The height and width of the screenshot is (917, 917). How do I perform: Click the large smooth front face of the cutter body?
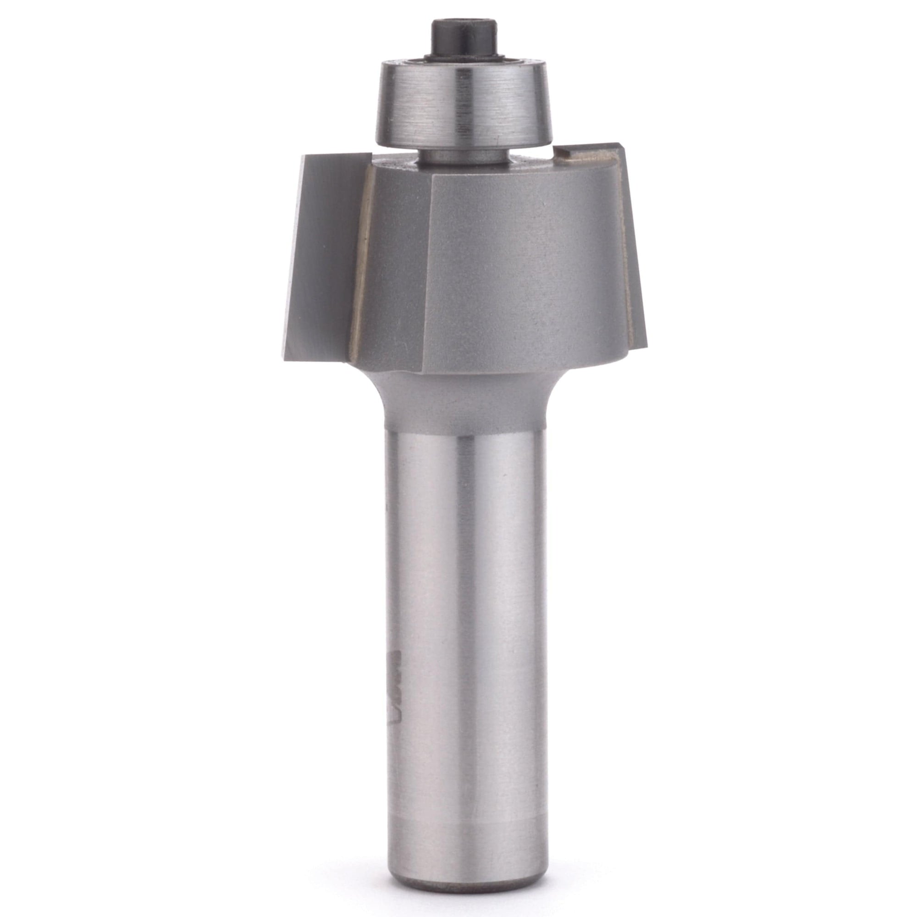coord(522,266)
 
